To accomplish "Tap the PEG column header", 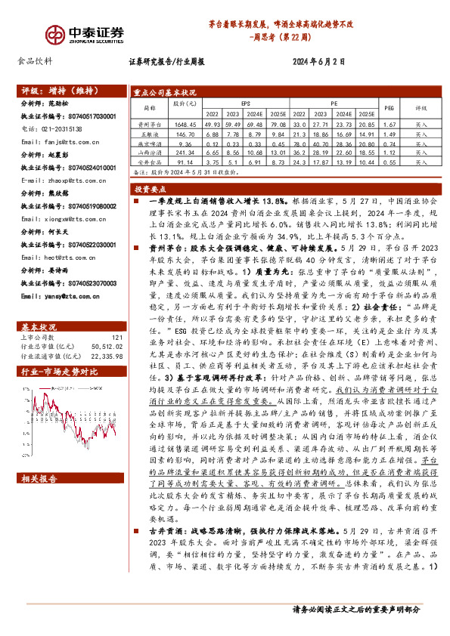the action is [x=389, y=108].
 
